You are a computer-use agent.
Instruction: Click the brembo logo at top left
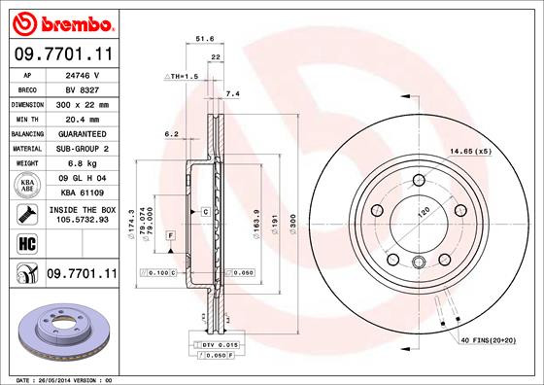(60, 21)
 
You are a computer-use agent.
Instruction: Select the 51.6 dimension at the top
(204, 39)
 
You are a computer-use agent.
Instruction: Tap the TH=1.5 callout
(184, 75)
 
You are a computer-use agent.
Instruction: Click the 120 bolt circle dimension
(423, 211)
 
